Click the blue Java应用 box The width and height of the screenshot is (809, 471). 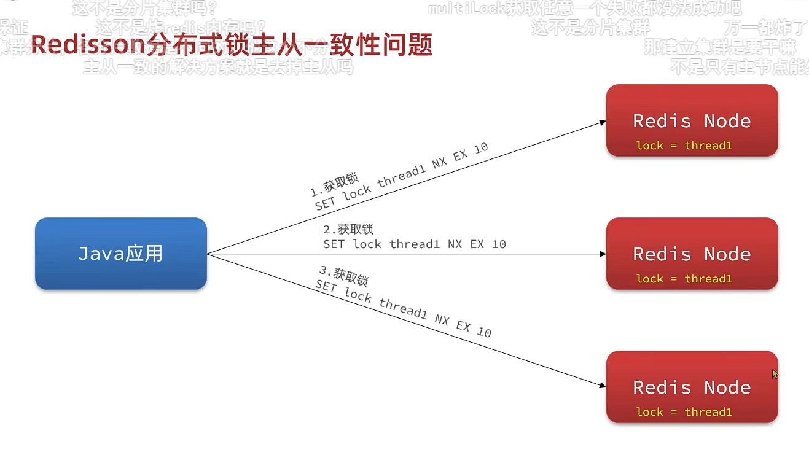(121, 253)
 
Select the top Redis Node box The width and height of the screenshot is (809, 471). (692, 121)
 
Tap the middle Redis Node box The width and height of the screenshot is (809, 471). (692, 254)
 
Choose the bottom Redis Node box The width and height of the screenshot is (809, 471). (692, 387)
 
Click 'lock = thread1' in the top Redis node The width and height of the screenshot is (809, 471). (684, 146)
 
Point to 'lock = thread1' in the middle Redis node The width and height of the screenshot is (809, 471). (684, 279)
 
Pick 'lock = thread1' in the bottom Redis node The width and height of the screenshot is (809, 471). (684, 412)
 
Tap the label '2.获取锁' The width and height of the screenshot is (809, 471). (348, 230)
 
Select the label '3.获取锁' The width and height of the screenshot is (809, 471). (343, 275)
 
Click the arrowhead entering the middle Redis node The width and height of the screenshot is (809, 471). (603, 254)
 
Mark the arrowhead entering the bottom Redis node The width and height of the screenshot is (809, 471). (603, 386)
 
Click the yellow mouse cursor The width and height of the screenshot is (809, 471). (775, 373)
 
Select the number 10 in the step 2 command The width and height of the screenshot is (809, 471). (499, 244)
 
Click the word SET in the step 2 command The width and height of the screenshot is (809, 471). (335, 244)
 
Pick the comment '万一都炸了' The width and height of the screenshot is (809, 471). (765, 28)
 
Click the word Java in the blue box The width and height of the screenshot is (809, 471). (101, 253)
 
